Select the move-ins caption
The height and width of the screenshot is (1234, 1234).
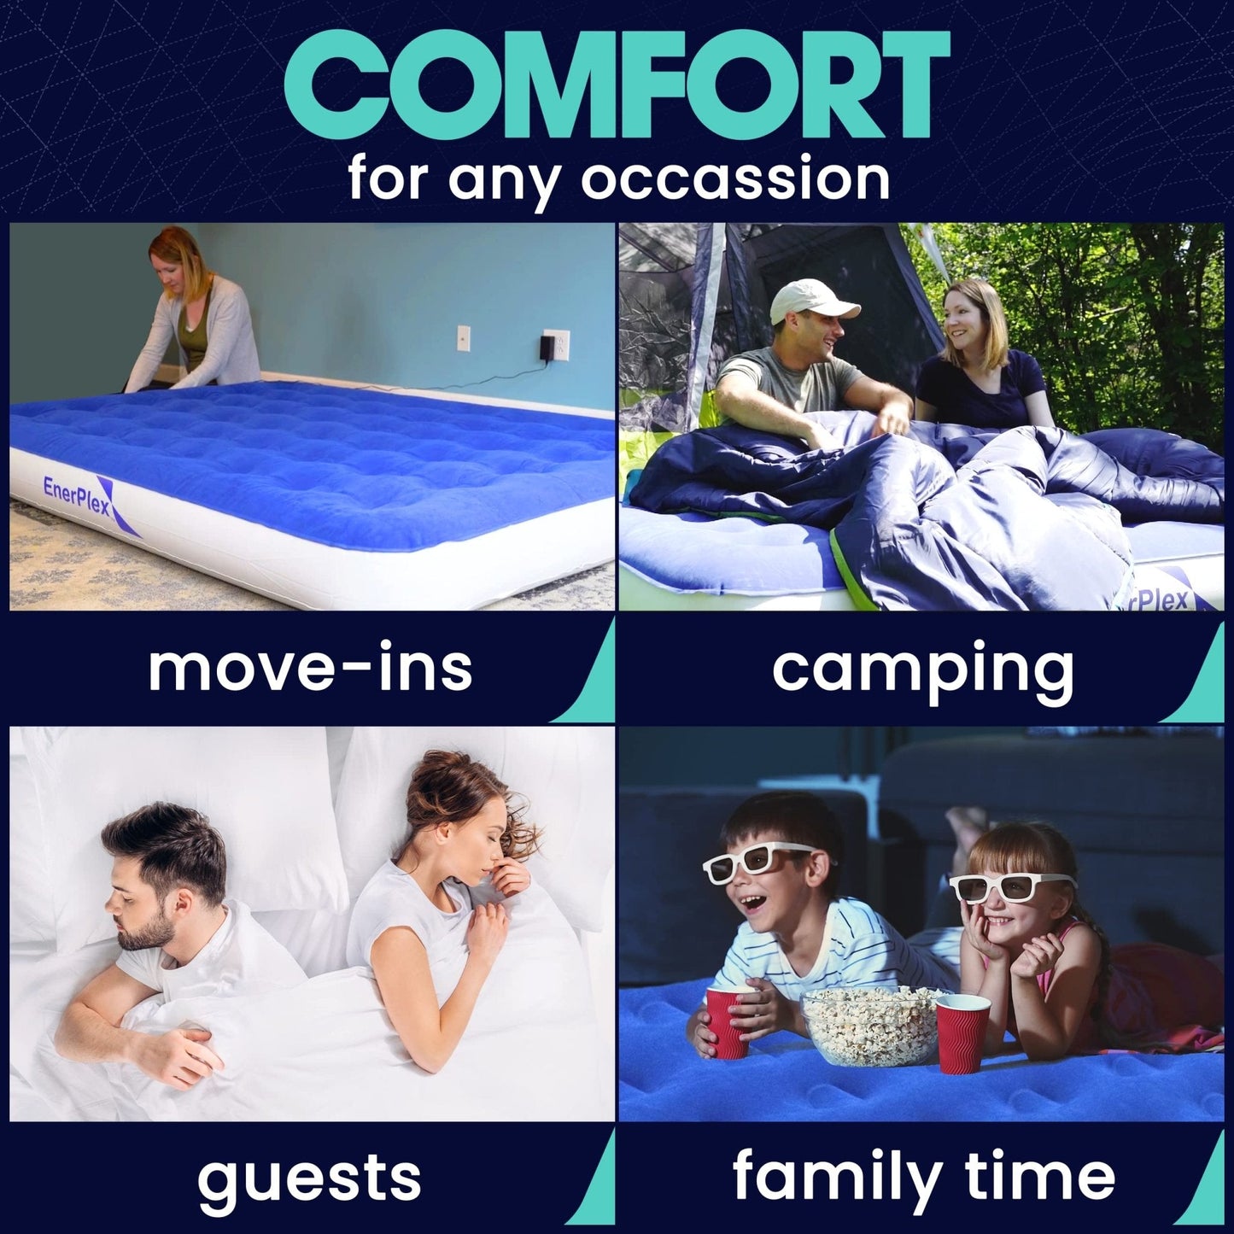(310, 668)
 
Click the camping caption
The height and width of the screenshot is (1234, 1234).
(922, 668)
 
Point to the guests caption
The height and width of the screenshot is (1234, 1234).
(309, 1178)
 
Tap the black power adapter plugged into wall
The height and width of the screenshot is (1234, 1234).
(547, 348)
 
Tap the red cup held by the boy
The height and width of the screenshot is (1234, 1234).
(729, 1021)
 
